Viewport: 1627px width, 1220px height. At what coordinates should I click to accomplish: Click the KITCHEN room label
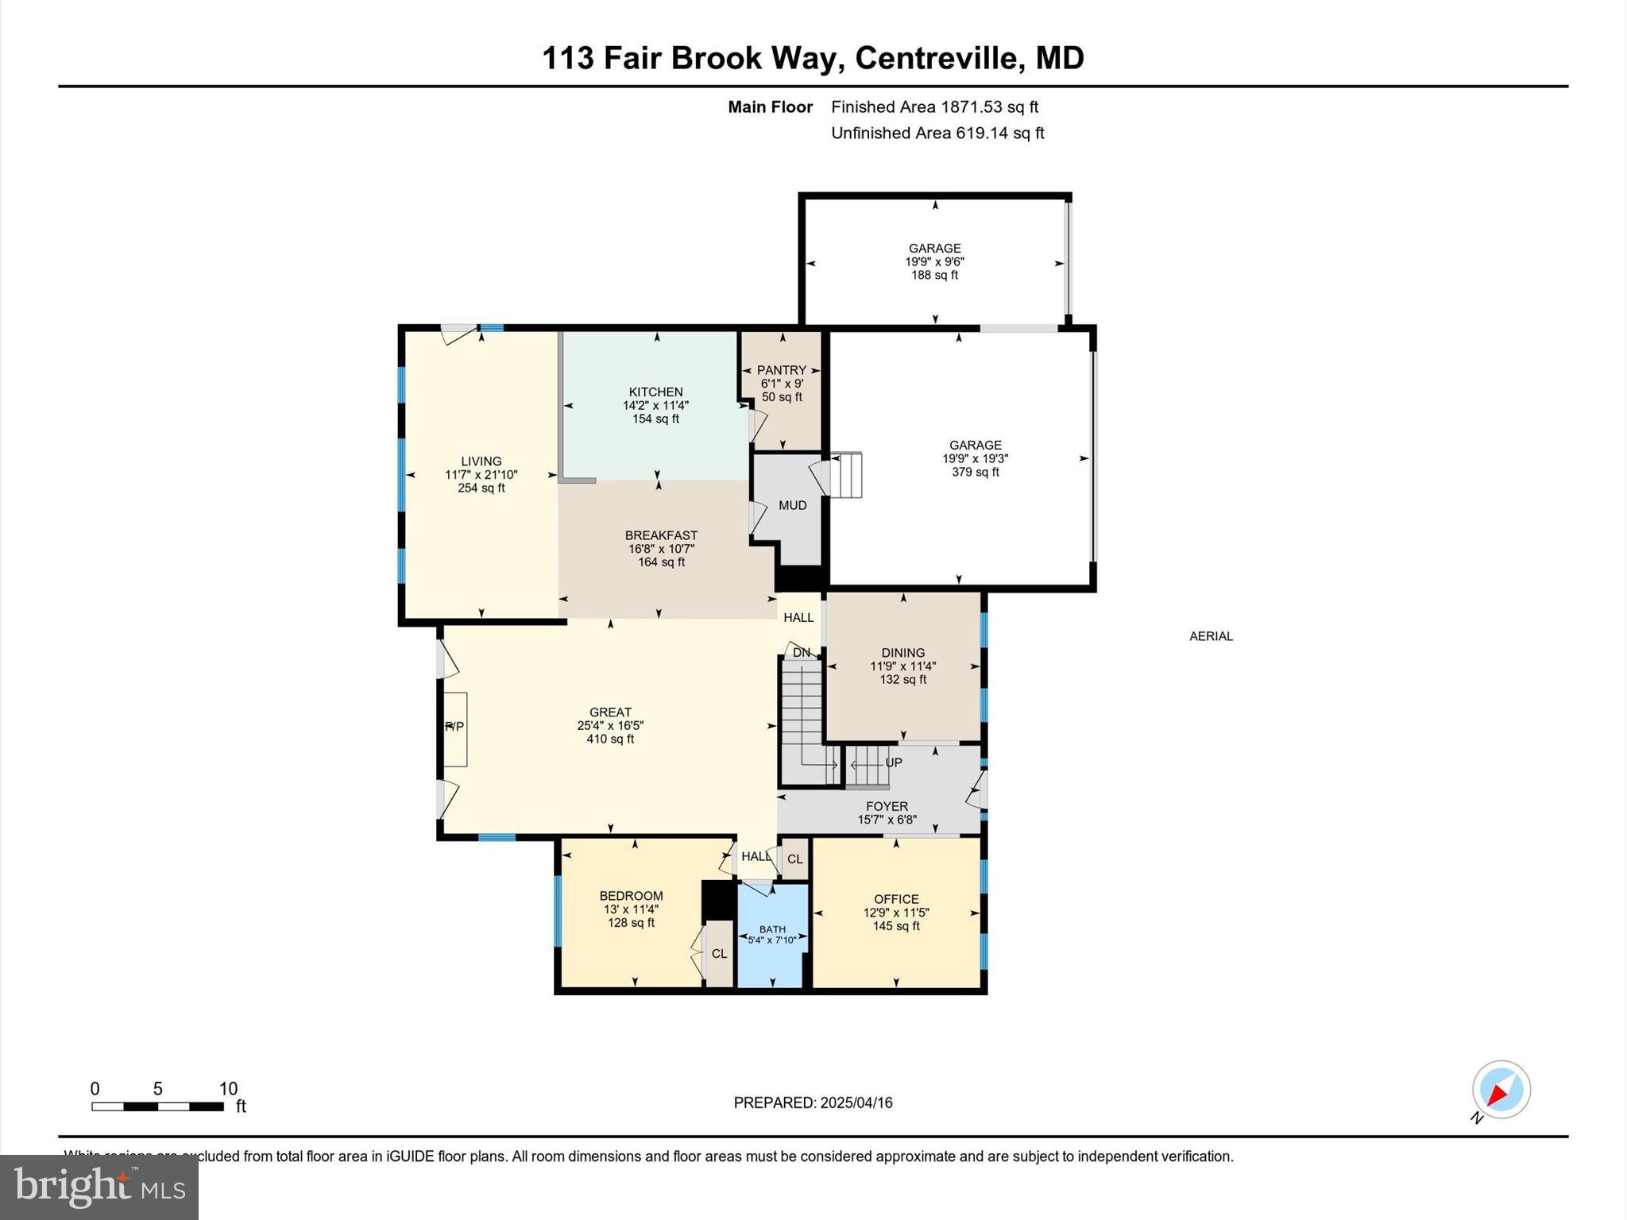(x=655, y=392)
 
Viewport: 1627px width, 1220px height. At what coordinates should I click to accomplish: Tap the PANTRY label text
(x=781, y=370)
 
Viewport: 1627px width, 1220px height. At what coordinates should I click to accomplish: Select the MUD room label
(x=792, y=505)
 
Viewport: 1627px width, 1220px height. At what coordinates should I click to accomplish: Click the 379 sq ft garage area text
(x=975, y=472)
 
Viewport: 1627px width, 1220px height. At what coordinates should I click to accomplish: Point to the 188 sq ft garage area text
(x=934, y=275)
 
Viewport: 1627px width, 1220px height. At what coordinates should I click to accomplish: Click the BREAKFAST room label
(x=661, y=535)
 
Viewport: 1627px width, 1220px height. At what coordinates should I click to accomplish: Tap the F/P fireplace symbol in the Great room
(x=454, y=727)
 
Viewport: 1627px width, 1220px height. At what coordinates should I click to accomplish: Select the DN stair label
(x=801, y=653)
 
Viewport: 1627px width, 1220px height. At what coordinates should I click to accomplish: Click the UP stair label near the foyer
(x=893, y=762)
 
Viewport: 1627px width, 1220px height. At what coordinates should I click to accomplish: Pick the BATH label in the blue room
(x=772, y=929)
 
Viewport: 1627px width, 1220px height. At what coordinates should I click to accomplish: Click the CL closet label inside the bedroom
(x=719, y=954)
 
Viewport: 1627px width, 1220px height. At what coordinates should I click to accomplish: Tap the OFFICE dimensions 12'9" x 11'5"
(x=896, y=913)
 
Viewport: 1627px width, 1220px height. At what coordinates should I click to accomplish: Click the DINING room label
(x=902, y=653)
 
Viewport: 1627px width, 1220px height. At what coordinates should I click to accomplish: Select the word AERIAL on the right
(x=1211, y=636)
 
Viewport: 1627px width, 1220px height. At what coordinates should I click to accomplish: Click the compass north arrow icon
(x=1501, y=1090)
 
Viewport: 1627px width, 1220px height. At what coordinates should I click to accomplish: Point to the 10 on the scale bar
(x=228, y=1089)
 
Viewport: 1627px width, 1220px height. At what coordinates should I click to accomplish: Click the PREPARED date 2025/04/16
(x=856, y=1102)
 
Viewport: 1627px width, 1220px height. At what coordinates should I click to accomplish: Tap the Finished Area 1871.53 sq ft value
(x=989, y=107)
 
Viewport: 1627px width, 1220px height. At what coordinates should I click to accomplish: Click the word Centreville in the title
(x=937, y=58)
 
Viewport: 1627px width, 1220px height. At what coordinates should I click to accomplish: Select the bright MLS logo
(x=99, y=1187)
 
